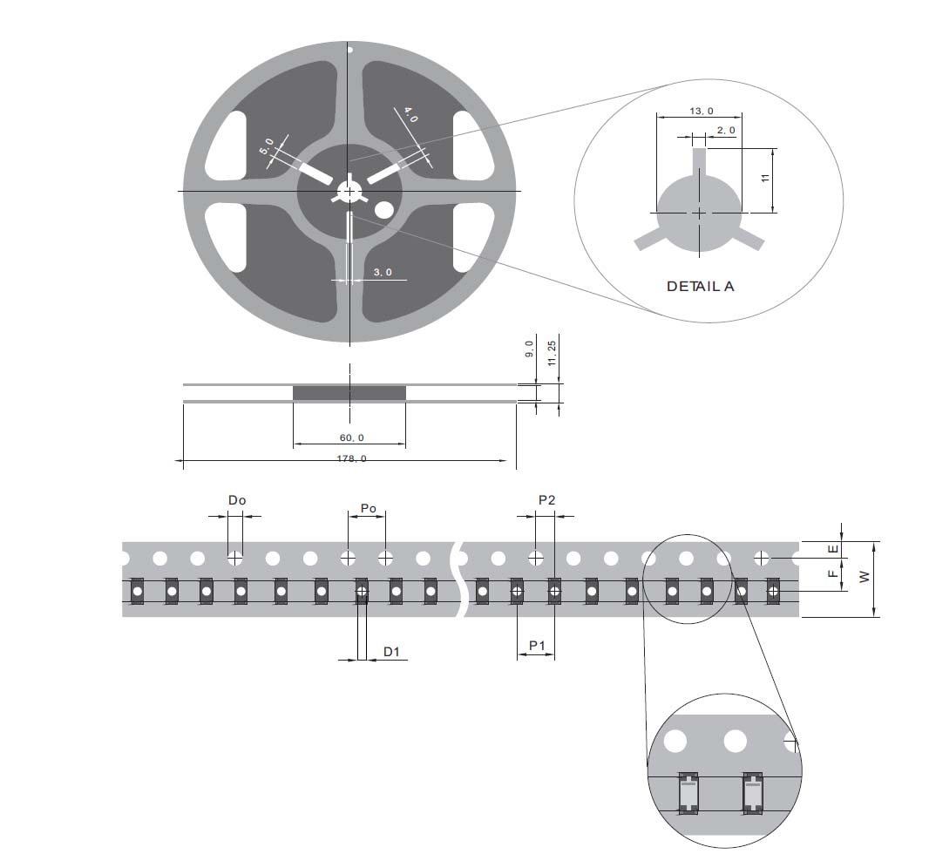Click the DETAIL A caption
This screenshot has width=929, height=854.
point(700,286)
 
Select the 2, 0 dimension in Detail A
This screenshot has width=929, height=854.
point(726,130)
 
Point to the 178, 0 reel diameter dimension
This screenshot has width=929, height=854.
point(352,458)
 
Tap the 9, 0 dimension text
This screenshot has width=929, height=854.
point(529,349)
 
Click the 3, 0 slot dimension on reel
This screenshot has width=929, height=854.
point(383,273)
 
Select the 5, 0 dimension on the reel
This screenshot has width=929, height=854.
point(267,146)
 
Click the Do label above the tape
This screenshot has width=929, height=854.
point(237,500)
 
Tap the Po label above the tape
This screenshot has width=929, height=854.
point(369,508)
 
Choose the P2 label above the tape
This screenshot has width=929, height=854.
point(546,500)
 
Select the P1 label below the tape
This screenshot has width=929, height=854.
point(537,645)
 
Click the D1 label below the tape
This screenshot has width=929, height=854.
point(391,651)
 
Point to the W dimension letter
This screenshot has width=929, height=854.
point(865,577)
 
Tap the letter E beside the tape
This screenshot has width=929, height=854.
point(833,549)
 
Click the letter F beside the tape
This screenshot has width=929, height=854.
point(833,573)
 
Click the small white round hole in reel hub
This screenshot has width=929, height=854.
point(383,209)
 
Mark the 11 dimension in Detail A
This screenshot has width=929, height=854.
point(765,178)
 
